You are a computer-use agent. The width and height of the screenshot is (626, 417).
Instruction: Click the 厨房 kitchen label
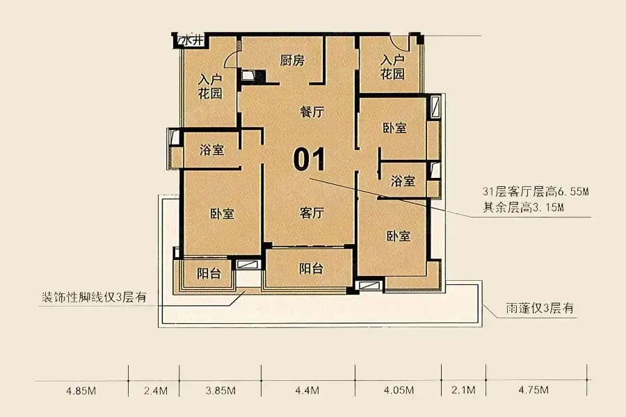[x=292, y=60]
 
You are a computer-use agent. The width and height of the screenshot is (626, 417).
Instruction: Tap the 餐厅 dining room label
[x=312, y=112]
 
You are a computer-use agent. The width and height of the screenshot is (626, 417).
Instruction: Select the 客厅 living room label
[x=312, y=213]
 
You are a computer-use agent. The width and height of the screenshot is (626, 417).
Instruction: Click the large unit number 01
[x=310, y=159]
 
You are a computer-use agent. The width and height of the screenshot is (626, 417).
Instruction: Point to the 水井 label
[x=193, y=40]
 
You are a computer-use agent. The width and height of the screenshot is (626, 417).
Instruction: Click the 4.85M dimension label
[x=81, y=391]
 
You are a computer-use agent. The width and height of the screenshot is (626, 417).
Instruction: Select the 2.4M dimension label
[x=156, y=391]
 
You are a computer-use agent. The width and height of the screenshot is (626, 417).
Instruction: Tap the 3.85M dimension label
[x=220, y=391]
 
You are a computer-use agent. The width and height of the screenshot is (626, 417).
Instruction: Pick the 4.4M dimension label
[x=307, y=391]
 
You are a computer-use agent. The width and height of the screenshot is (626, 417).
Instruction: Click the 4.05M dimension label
[x=399, y=391]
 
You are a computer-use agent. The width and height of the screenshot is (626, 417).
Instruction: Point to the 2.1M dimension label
[x=463, y=390]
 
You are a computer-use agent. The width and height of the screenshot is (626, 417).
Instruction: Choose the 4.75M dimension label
[x=533, y=389]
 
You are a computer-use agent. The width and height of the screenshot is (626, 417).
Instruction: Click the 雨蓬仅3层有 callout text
[x=540, y=308]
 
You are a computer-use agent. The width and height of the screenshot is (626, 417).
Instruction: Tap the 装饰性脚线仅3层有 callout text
[x=94, y=297]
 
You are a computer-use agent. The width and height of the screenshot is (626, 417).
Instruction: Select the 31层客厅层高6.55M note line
[x=536, y=192]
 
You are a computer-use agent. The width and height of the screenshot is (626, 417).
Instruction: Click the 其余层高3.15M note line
[x=523, y=208]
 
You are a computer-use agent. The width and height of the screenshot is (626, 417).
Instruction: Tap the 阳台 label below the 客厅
[x=311, y=268]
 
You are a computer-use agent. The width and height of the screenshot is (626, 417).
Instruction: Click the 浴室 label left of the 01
[x=211, y=150]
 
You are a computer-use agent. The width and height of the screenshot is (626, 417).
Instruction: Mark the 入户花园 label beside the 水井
[x=210, y=86]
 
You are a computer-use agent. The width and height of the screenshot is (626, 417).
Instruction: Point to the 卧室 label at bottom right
[x=399, y=236]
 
